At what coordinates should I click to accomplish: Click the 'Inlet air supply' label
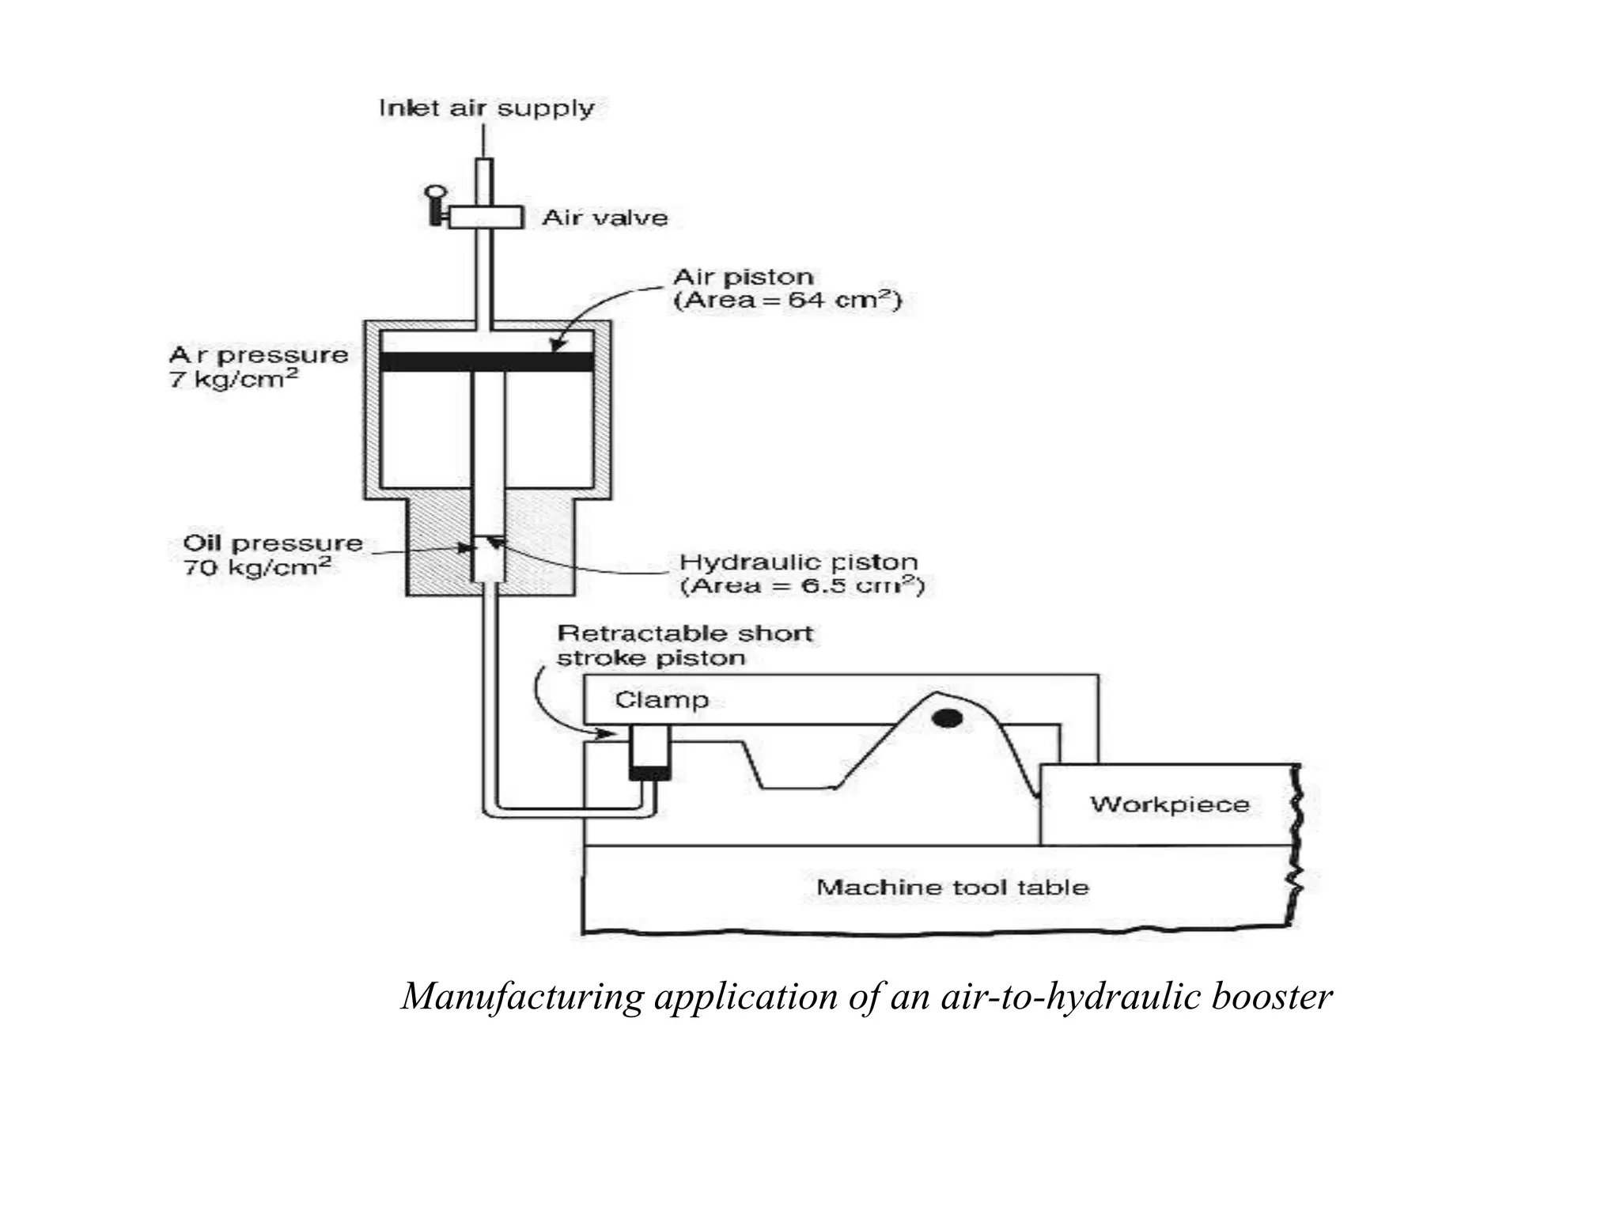(x=486, y=108)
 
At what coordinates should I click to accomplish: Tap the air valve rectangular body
(x=486, y=217)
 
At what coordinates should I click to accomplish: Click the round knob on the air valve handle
(x=435, y=192)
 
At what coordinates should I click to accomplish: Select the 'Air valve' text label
(x=605, y=218)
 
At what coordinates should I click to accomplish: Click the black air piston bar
(x=486, y=362)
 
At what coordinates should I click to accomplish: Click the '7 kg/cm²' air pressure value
(x=234, y=380)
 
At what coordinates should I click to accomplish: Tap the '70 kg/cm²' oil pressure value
(x=257, y=567)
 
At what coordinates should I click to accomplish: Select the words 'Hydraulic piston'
(x=799, y=562)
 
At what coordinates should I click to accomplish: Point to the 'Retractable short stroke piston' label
(x=685, y=645)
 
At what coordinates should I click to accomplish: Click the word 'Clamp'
(x=662, y=700)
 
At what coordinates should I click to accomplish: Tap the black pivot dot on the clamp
(x=947, y=718)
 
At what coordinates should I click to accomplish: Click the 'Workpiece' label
(x=1170, y=804)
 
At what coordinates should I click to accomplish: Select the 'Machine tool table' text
(x=952, y=887)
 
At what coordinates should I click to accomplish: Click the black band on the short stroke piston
(x=650, y=774)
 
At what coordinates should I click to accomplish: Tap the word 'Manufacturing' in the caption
(x=523, y=997)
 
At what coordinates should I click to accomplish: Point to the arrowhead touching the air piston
(x=556, y=345)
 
